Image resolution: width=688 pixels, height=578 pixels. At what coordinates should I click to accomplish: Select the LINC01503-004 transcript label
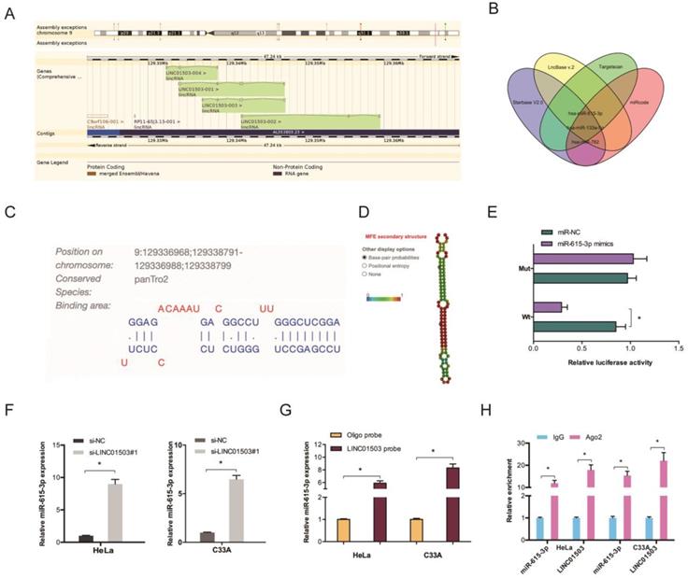click(x=189, y=68)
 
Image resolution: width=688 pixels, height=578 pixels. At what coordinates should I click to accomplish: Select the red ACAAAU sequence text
click(x=179, y=305)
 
